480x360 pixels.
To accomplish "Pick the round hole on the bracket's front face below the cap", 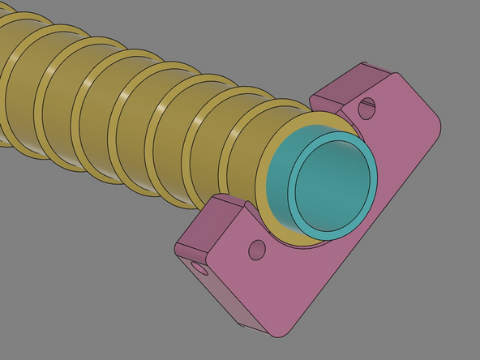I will (x=258, y=250).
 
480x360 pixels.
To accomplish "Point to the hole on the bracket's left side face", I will (x=196, y=266).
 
